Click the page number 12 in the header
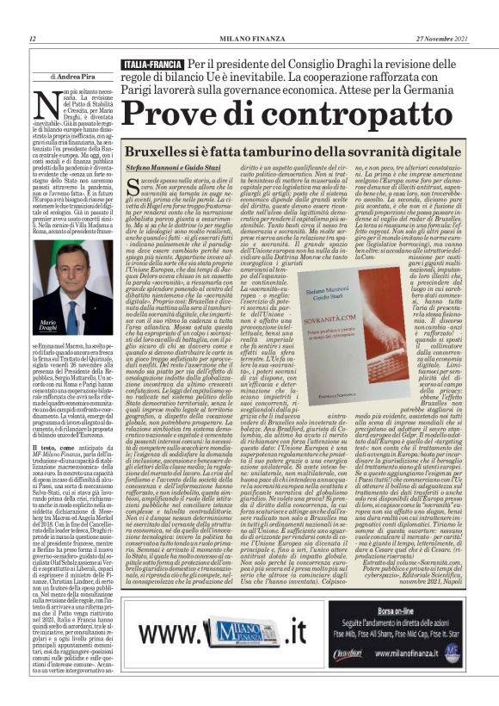click(x=32, y=39)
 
